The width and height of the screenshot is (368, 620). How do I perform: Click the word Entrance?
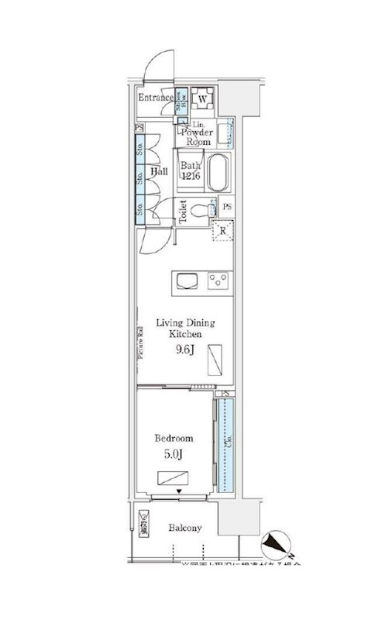pos(155,98)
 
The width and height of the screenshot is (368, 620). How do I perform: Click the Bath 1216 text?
pos(191,170)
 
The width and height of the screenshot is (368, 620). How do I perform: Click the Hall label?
pos(160,171)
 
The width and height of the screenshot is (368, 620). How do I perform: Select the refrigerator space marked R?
pos(222,229)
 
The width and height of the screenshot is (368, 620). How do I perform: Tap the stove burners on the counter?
pos(219,280)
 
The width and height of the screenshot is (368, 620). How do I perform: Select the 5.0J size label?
pos(174,455)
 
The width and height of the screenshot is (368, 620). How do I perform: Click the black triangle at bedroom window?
pos(179,491)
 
